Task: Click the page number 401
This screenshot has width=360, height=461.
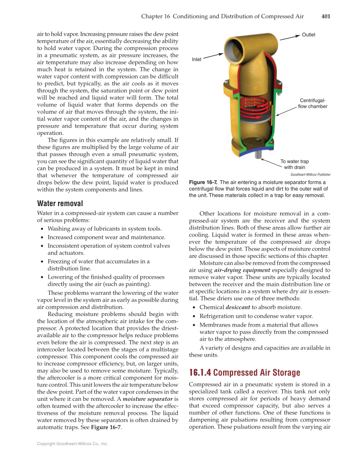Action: tap(326, 17)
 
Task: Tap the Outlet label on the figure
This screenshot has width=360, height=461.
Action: tap(308, 35)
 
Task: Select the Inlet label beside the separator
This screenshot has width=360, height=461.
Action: tap(197, 59)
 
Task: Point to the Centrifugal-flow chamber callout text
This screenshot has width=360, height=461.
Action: tap(313, 103)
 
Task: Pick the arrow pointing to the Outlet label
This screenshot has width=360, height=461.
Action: tap(290, 37)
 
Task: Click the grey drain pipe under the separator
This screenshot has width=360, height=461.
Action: tap(257, 155)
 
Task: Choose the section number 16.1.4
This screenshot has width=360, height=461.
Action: tap(200, 373)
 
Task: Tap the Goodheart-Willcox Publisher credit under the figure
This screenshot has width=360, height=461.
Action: tap(310, 174)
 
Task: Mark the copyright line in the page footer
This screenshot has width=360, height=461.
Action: tap(73, 444)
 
